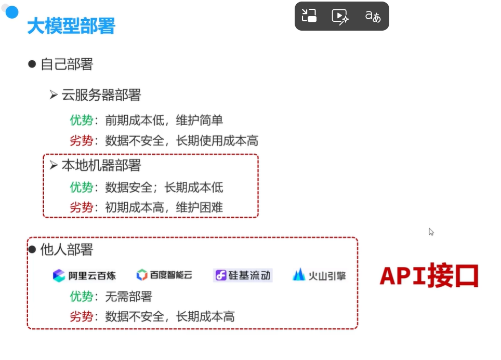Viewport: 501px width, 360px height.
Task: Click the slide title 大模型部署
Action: coord(71,25)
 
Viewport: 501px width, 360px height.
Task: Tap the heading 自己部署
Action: coord(67,64)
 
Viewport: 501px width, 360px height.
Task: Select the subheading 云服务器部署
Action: coord(101,95)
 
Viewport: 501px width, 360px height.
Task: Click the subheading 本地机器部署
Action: coord(101,166)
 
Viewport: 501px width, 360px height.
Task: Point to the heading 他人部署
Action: coord(67,250)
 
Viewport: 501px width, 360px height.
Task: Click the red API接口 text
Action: coord(429,276)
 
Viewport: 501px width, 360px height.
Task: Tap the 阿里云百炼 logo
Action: coord(84,275)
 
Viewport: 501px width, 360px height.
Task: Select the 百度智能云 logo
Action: coord(164,275)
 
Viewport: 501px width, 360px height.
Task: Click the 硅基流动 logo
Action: coord(243,275)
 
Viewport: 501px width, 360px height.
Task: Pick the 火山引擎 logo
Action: coord(319,275)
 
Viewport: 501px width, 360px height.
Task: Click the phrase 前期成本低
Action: coord(131,121)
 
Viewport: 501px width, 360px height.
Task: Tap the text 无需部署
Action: coord(128,297)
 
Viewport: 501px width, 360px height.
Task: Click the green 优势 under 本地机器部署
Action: coord(82,187)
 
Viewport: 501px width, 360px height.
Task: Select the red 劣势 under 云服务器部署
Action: coord(82,141)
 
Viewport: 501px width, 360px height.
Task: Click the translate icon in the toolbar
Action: coord(373,16)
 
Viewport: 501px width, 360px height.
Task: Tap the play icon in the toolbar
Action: coord(340,16)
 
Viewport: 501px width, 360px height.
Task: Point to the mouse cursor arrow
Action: coord(431,232)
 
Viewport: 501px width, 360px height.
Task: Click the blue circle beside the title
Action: coord(11,12)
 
